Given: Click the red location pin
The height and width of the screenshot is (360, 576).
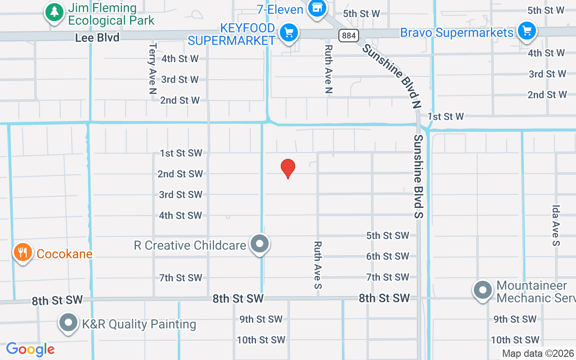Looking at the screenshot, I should click(288, 168).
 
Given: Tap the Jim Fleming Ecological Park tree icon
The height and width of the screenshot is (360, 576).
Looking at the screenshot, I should click(54, 12).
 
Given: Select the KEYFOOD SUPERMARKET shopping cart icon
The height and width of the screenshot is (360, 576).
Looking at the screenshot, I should click(288, 33).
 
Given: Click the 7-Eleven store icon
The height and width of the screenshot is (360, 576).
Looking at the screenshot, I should click(317, 7).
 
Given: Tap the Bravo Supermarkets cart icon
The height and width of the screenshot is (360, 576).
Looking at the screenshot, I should click(526, 31).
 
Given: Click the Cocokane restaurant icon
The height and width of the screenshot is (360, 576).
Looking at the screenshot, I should click(22, 252).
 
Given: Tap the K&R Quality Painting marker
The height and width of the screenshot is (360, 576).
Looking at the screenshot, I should click(68, 322).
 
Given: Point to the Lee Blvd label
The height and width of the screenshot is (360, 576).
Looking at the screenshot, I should click(97, 38).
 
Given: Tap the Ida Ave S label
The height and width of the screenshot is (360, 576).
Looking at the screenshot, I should click(557, 225).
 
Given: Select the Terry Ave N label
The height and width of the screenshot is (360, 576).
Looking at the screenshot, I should click(153, 68).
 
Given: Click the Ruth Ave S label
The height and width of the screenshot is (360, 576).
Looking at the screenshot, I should click(318, 265).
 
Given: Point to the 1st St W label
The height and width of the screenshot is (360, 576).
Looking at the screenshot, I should click(445, 117).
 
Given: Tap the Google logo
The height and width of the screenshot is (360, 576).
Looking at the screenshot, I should click(30, 349).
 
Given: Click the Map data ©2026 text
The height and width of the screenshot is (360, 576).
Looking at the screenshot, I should click(538, 354).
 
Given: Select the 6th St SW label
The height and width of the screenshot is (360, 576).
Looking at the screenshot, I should click(387, 256).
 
